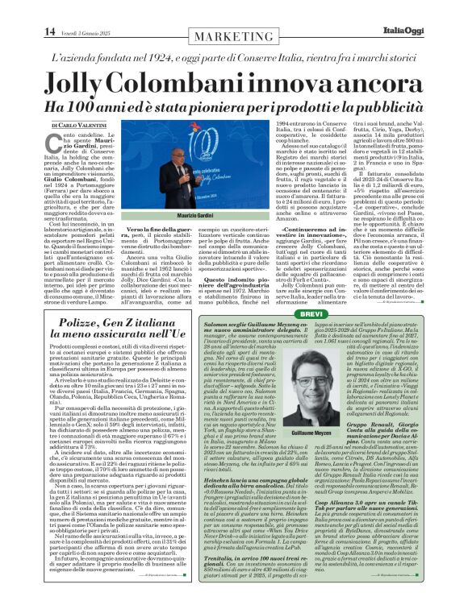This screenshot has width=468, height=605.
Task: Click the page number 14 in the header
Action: tap(16, 9)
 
